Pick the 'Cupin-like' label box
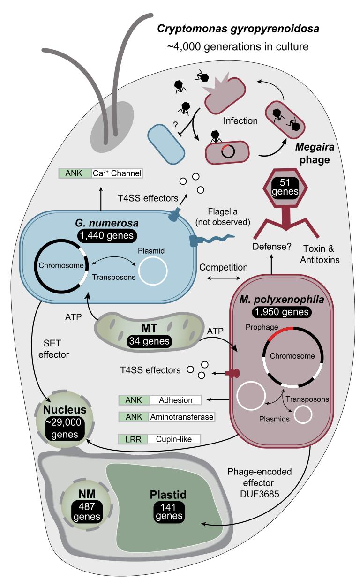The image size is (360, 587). tap(174, 439)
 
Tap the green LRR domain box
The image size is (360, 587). tap(134, 439)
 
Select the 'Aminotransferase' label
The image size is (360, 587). tap(181, 416)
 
